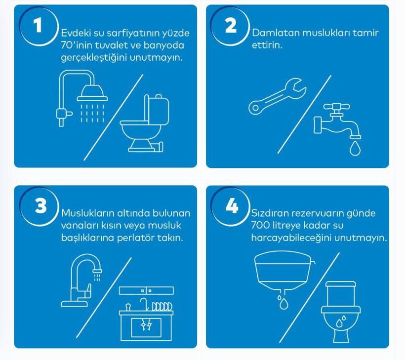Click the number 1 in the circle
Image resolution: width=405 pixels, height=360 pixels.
coord(38,26)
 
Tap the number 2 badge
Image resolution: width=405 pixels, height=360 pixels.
coord(231,26)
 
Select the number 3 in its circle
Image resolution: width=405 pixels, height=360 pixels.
coord(40,206)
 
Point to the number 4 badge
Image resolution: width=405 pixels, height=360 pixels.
coord(232,206)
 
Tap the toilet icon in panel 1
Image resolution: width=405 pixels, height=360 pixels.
coord(145,123)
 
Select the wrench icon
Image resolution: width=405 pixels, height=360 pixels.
coord(278,96)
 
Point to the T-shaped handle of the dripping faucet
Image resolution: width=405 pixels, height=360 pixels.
coord(336,106)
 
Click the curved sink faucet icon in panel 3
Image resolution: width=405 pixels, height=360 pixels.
coord(81,280)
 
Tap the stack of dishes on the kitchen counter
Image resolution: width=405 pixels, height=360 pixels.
coord(162,307)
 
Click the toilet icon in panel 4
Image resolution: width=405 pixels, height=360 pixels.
coord(341,312)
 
